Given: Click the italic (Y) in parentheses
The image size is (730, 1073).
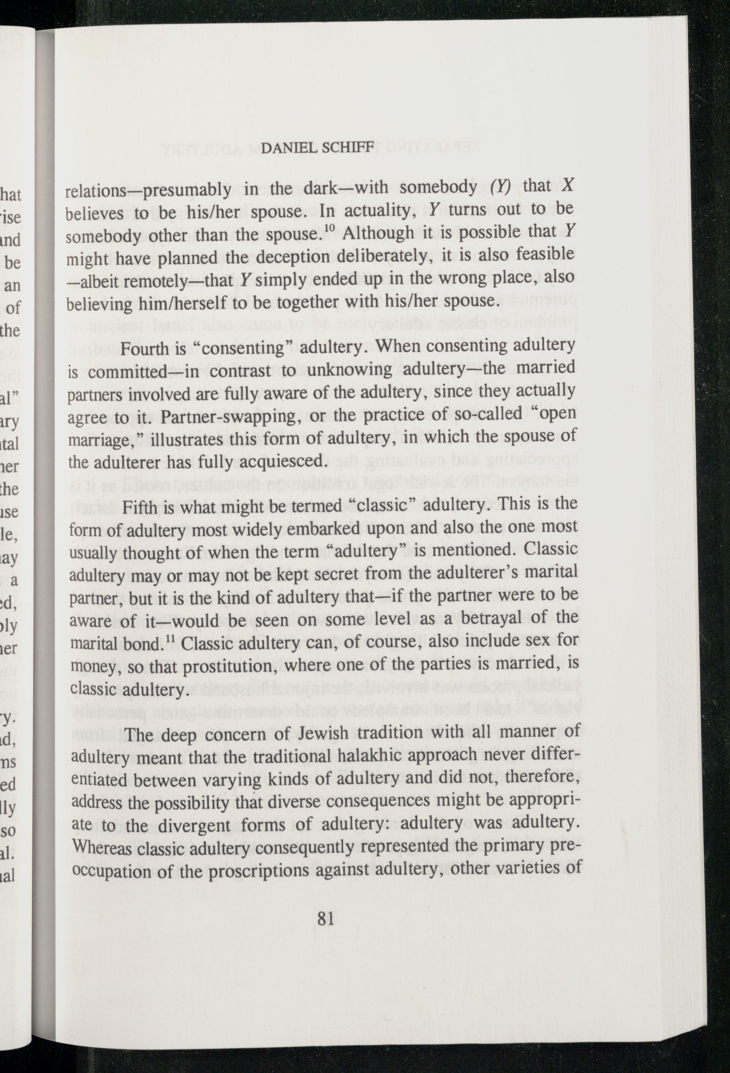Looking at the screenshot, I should click(500, 186).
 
